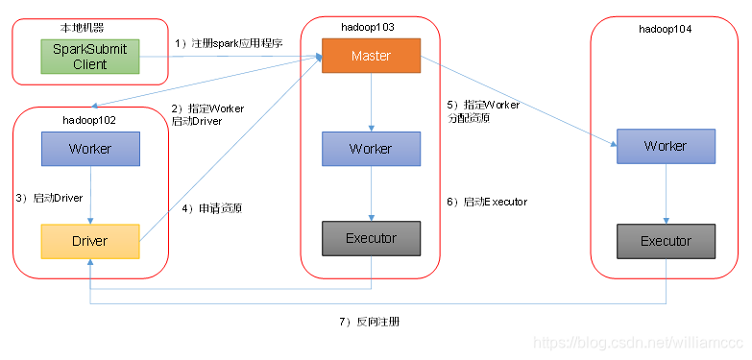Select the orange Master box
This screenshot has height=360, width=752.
(371, 56)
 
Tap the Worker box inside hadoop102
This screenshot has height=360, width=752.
(90, 149)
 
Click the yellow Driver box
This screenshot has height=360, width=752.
(90, 240)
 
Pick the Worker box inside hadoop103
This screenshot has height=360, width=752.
(371, 149)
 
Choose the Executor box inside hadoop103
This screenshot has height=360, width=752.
(371, 238)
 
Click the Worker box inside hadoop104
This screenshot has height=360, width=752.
(666, 146)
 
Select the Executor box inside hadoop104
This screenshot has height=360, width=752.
(666, 241)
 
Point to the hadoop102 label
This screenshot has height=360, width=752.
(89, 121)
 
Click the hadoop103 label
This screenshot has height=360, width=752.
(371, 27)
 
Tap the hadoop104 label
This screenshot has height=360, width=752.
(665, 30)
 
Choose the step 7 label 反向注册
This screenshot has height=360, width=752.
(368, 322)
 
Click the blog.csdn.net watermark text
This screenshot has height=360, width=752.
(639, 343)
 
